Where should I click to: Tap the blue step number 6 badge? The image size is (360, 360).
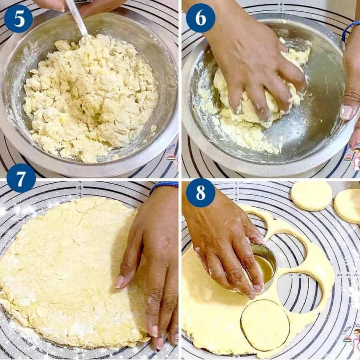(200, 18)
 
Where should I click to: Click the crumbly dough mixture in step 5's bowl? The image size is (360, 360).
(90, 96)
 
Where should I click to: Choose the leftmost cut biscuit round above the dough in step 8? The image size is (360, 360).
(311, 196)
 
